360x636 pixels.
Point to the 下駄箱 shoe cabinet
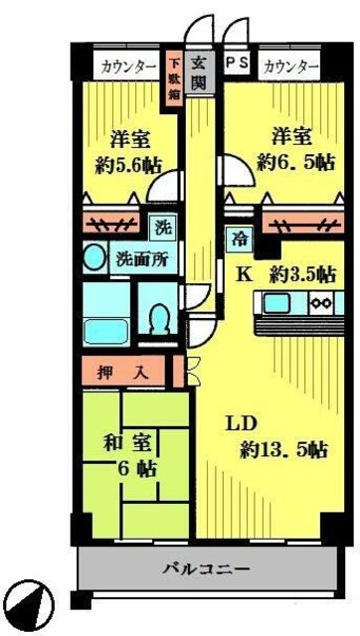173,81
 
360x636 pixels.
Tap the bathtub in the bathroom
103,327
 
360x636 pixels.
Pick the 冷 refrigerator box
240,238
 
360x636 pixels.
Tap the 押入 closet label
124,375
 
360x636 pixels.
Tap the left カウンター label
126,67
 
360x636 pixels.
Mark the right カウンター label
290,67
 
